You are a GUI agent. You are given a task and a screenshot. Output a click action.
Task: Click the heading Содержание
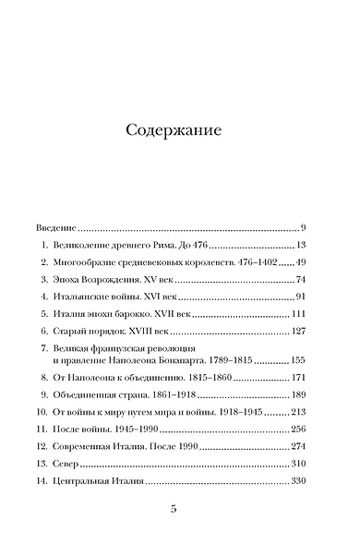pos(179,130)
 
